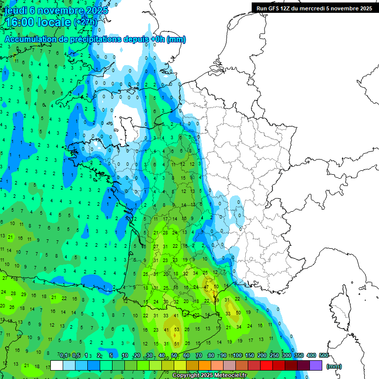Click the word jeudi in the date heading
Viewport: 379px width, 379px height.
click(17, 10)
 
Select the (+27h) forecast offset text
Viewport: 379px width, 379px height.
click(85, 22)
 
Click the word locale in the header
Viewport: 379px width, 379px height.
click(55, 22)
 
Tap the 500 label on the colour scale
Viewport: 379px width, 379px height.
click(324, 355)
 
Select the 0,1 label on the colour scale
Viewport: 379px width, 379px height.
click(63, 355)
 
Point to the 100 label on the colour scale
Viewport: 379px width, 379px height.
click(237, 355)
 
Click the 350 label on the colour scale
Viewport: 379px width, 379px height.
click(299, 355)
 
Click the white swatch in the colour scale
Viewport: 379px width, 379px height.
click(57, 365)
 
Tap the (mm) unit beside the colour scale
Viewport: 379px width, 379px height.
click(334, 366)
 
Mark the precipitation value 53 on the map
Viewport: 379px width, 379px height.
click(177, 330)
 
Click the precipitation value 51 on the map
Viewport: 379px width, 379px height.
click(177, 343)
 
